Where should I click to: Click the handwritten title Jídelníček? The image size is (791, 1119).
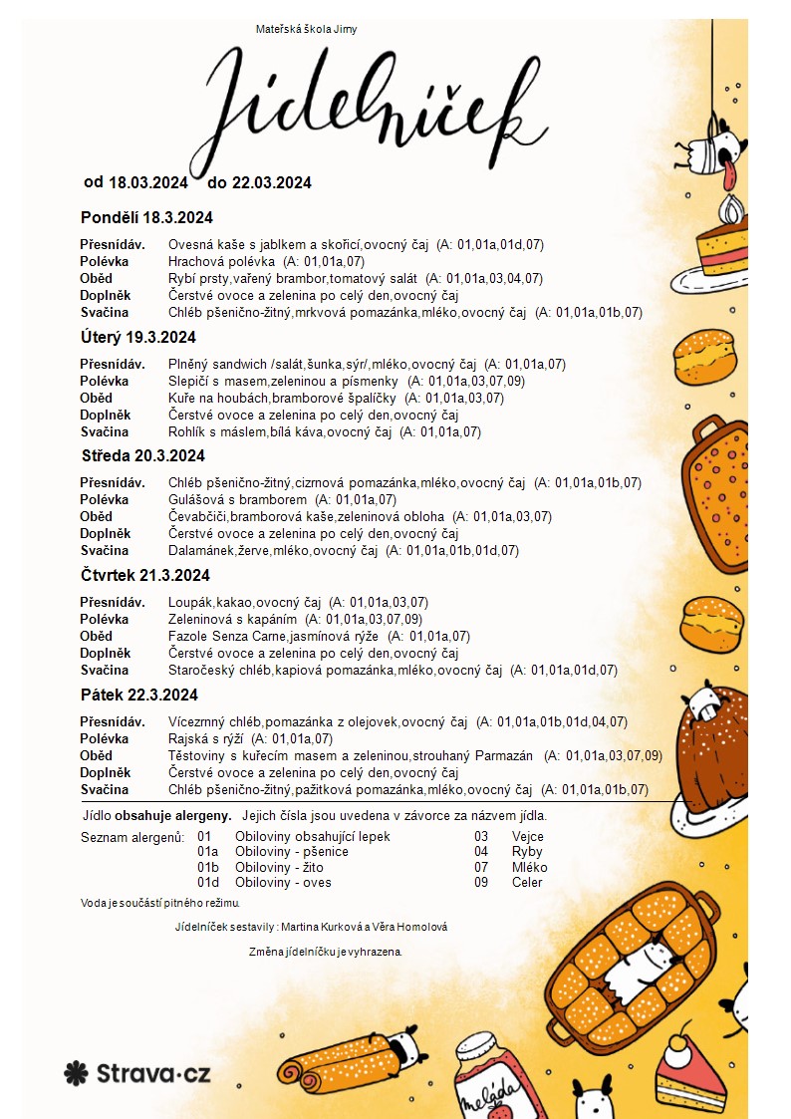click(x=379, y=105)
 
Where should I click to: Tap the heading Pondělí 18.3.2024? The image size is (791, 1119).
click(x=146, y=217)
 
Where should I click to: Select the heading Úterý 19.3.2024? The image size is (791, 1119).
click(x=137, y=337)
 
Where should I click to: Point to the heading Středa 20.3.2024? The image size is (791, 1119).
click(x=142, y=455)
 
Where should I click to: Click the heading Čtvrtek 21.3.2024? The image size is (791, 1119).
click(x=144, y=575)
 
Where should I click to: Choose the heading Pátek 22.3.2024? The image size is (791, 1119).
click(x=138, y=695)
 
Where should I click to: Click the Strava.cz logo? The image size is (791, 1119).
click(x=136, y=1072)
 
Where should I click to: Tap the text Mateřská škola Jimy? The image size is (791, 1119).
click(x=307, y=29)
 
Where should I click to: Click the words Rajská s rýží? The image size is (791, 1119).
click(x=205, y=738)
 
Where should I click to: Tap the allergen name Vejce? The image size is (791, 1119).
click(x=527, y=837)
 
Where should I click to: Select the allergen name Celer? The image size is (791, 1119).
click(x=527, y=882)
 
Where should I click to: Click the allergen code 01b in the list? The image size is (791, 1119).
click(x=208, y=867)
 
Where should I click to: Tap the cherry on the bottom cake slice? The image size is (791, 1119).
click(x=681, y=1040)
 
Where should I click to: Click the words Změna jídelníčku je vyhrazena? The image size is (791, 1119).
click(x=326, y=952)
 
